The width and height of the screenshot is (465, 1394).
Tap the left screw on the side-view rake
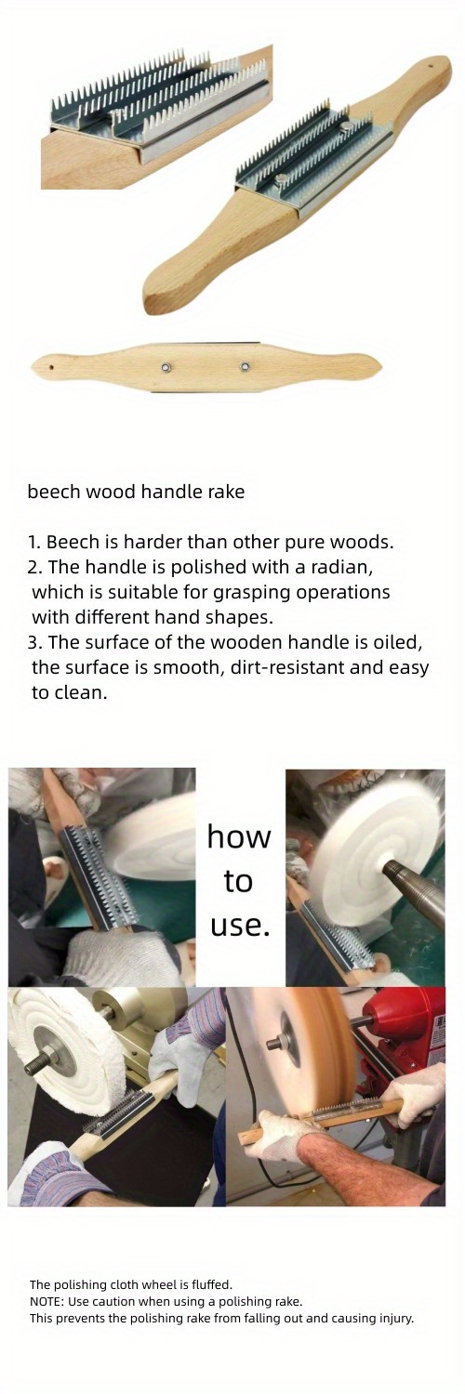click(x=166, y=367)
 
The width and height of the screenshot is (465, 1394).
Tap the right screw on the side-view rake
click(x=244, y=367)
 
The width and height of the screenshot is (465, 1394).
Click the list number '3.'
click(x=34, y=642)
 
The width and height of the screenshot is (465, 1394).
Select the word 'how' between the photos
click(x=238, y=836)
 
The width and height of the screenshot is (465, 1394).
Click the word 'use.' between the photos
click(x=240, y=925)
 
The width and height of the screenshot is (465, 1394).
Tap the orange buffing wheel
click(x=298, y=1050)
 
